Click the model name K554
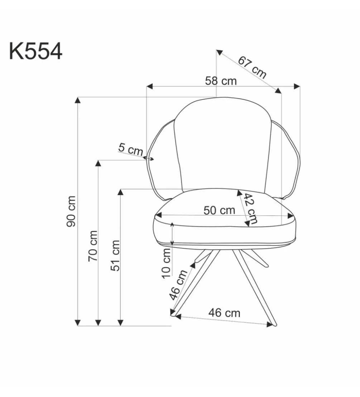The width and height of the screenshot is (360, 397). tap(36, 51)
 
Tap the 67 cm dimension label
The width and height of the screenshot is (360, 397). tap(252, 67)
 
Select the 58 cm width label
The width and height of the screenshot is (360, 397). tap(221, 81)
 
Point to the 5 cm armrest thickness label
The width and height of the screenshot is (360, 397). tap(130, 149)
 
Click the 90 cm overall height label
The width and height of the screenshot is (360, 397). tap(71, 211)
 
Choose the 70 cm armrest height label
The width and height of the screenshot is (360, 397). tap(93, 246)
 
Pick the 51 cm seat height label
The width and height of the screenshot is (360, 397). tap(115, 255)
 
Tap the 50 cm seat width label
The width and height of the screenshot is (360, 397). tap(219, 210)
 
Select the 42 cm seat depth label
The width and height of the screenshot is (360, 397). tap(250, 209)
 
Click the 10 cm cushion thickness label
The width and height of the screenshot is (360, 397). tap(166, 263)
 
